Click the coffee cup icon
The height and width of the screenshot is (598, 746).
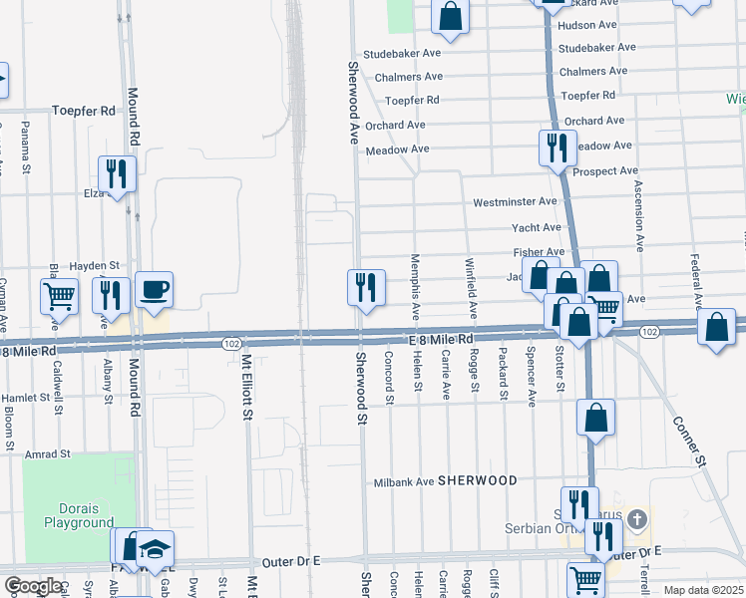pos(155,290)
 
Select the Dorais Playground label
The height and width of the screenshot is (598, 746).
pos(78,515)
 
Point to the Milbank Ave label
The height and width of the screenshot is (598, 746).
pos(404,481)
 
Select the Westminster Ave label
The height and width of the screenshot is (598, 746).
pos(515,201)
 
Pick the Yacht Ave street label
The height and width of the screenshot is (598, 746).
pos(537,227)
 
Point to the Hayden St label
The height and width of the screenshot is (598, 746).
pos(96,266)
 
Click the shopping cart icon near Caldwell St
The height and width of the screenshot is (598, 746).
pos(59,295)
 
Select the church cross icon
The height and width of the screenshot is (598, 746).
pos(638,519)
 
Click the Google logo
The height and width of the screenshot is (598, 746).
pos(33,587)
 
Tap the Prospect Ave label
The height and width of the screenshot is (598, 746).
pos(606,170)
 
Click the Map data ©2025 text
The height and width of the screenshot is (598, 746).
pos(703,590)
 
